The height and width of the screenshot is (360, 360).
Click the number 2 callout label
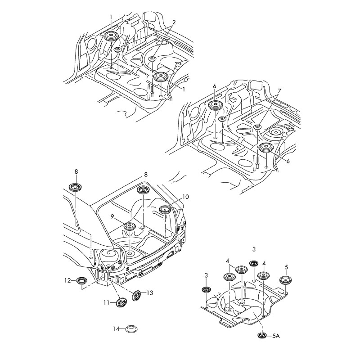point(174,22)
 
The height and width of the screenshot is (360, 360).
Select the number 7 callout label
point(279,91)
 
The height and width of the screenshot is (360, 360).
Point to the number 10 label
point(186,198)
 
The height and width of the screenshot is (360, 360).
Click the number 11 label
point(106,303)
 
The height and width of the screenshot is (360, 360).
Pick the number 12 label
point(67,280)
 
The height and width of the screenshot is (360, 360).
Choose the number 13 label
point(150,293)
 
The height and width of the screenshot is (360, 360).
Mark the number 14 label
point(116,329)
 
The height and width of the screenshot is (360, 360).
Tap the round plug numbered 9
point(130,226)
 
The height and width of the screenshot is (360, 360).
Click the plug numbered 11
point(121,302)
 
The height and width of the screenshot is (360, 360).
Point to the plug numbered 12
point(82,281)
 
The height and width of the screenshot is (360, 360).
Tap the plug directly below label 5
point(285,279)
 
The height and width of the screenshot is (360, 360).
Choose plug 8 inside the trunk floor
point(144,190)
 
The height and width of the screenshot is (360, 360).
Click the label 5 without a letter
point(286,266)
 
